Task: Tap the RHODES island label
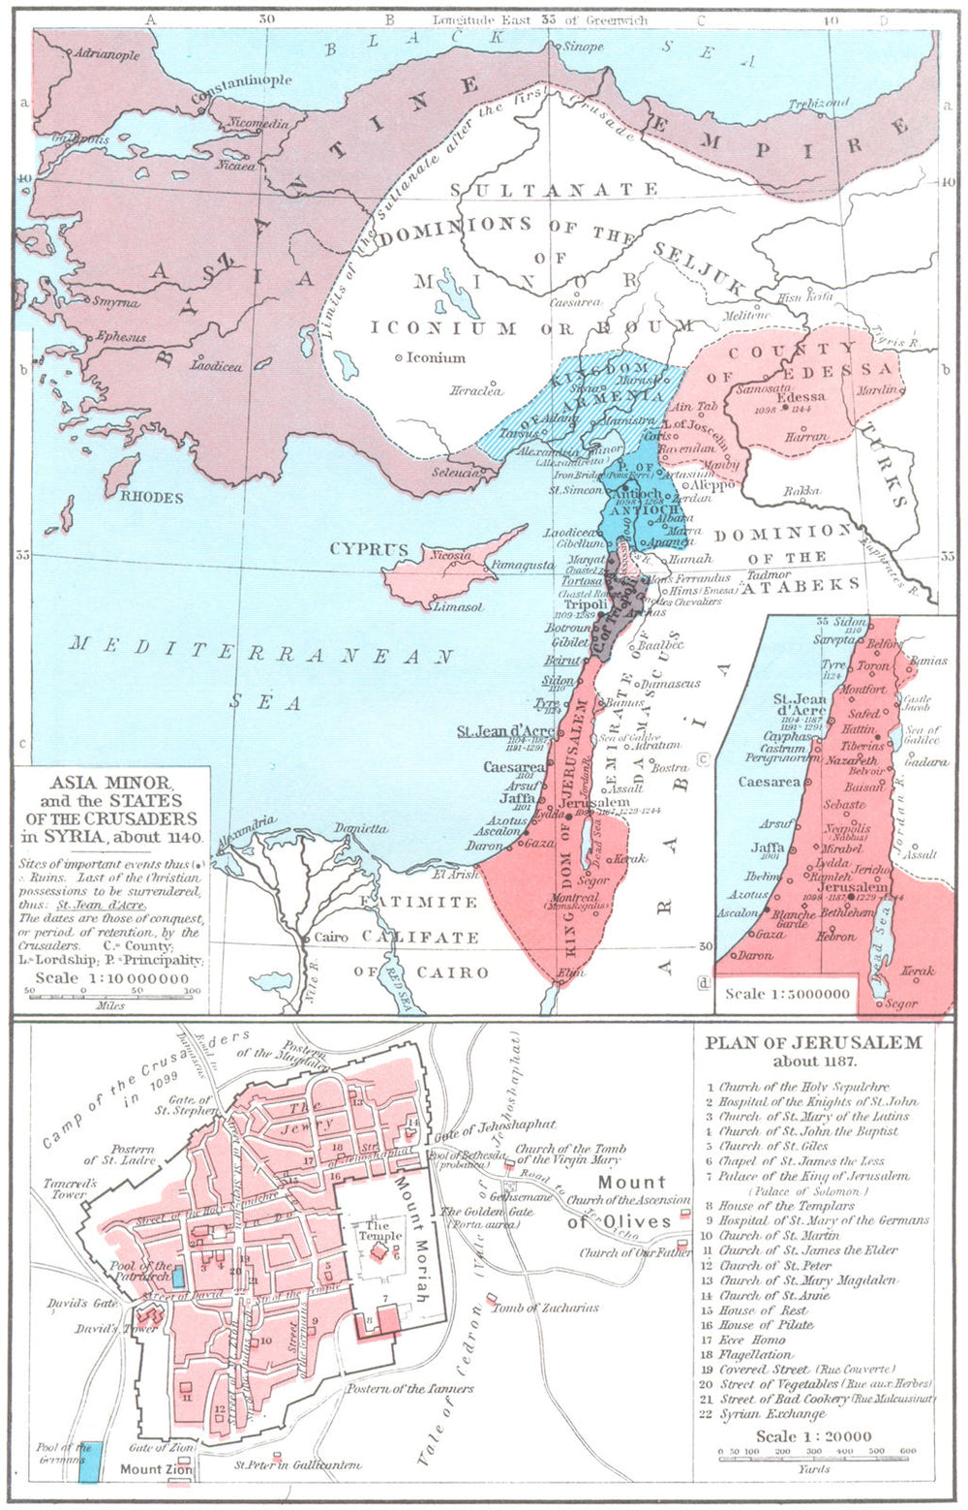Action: [152, 497]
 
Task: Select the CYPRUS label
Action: [369, 549]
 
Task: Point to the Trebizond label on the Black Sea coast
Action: [818, 104]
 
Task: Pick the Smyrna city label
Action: [115, 302]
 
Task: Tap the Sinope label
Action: [583, 46]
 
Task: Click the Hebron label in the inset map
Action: [834, 937]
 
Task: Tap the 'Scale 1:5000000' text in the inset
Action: [787, 994]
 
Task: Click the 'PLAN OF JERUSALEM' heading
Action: [813, 1043]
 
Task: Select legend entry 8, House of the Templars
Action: [786, 1206]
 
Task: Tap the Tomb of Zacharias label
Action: [545, 1308]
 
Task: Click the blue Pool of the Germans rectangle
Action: [89, 1460]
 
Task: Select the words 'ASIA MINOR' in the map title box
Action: [111, 783]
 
